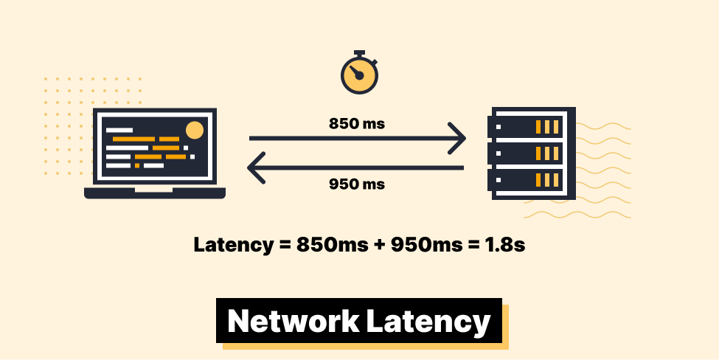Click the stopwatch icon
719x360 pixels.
359,74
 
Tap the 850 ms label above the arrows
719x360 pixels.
357,123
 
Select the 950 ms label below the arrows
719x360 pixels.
357,184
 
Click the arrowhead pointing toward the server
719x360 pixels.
456,138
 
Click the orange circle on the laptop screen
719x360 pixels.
194,131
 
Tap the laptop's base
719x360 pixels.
155,193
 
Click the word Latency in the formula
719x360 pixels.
232,246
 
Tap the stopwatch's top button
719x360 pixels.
359,53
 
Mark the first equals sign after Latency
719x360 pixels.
284,246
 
